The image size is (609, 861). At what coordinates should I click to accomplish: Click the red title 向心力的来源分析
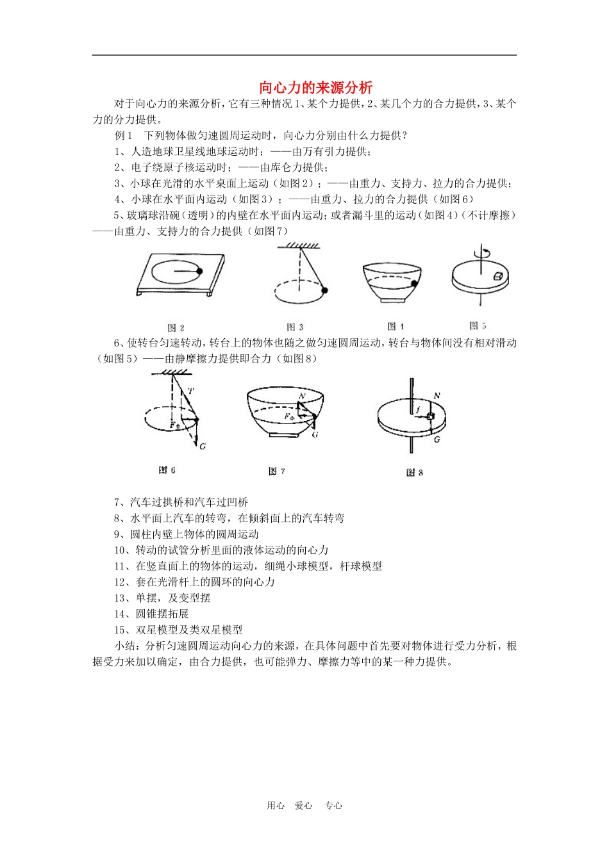(315, 88)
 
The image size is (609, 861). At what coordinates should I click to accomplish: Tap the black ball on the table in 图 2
(200, 271)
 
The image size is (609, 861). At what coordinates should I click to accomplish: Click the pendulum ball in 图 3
(325, 291)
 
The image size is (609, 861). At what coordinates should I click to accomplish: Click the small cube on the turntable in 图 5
(497, 275)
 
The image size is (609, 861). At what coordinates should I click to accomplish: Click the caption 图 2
(176, 327)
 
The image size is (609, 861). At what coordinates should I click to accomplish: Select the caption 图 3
(295, 327)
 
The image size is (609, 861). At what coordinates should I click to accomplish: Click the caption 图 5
(478, 325)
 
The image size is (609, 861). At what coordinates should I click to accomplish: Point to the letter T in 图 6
(191, 391)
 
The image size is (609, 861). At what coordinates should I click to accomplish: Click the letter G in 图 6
(202, 447)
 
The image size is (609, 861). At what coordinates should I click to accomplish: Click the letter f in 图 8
(417, 409)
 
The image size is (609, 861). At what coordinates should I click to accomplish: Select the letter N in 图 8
(437, 396)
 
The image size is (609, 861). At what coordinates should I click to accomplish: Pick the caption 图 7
(276, 471)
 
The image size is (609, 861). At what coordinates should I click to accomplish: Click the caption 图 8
(415, 472)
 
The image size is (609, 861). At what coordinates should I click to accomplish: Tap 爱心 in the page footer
(303, 806)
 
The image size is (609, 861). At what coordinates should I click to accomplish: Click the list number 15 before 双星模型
(120, 630)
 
